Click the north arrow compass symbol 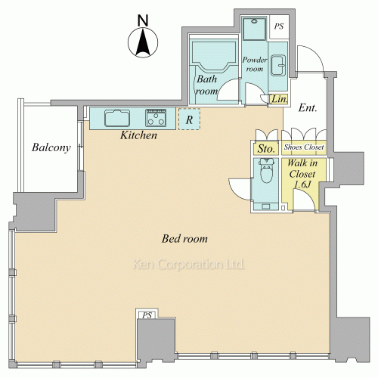click(143, 42)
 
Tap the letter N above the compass click(143, 20)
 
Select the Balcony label click(51, 147)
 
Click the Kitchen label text click(138, 135)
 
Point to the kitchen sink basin click(117, 118)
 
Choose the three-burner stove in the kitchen click(156, 118)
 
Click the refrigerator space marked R click(189, 119)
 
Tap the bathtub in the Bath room click(214, 56)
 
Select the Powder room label click(255, 64)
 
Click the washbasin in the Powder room click(278, 66)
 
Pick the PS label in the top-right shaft click(279, 26)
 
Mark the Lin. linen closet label click(280, 99)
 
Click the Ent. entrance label click(308, 108)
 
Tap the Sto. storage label click(266, 149)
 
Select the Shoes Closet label click(304, 147)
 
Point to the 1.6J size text click(302, 184)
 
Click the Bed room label click(184, 239)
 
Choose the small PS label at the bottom click(147, 315)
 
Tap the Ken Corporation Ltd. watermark click(188, 265)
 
